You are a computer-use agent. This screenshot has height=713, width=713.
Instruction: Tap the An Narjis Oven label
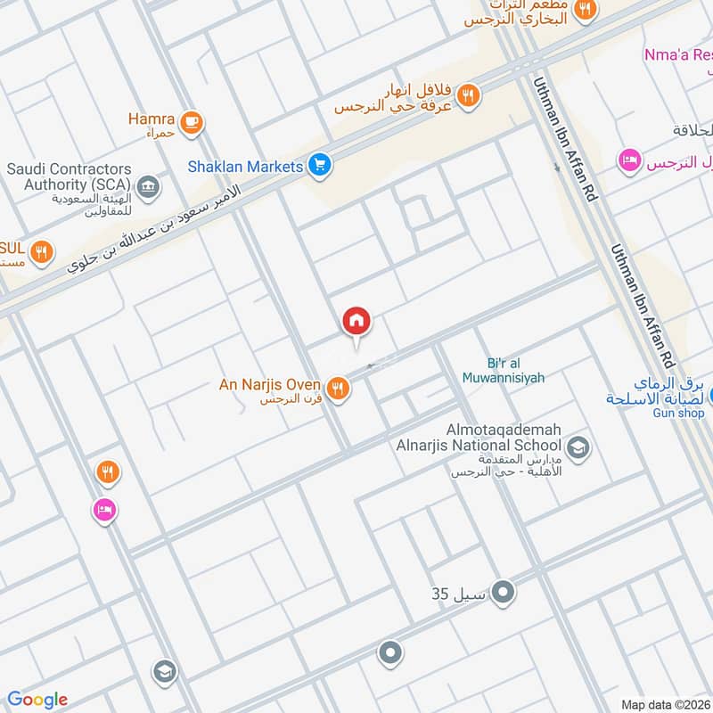tap(270, 385)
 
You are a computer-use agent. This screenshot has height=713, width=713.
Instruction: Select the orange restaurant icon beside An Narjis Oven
tap(337, 388)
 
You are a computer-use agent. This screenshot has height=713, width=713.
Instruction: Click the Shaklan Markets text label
tap(245, 166)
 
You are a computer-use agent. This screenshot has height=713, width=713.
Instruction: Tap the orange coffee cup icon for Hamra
tap(191, 122)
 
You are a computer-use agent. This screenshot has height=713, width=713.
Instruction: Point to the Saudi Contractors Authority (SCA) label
tap(70, 176)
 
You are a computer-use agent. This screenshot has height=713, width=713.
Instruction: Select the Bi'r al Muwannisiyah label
tap(503, 371)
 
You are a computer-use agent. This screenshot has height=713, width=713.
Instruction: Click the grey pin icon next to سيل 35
tap(504, 591)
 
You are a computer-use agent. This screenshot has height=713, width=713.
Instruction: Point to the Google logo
tap(37, 700)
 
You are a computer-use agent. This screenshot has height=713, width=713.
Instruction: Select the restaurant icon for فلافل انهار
tap(470, 94)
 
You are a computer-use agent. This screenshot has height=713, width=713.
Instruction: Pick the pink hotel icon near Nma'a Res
tap(629, 161)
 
